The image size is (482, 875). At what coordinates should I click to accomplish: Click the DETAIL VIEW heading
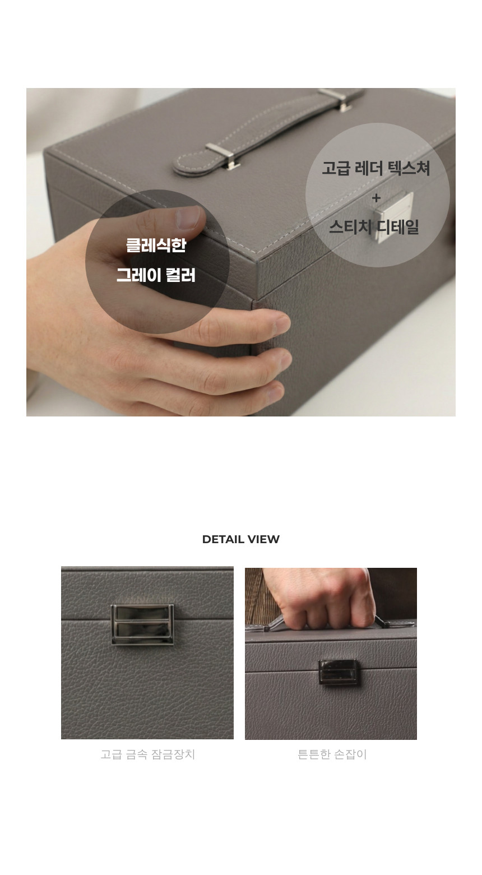[x=240, y=539]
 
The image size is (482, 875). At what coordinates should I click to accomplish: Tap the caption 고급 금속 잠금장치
[x=147, y=754]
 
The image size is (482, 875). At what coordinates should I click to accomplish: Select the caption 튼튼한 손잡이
[x=332, y=754]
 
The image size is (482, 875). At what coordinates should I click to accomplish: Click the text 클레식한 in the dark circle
[x=156, y=246]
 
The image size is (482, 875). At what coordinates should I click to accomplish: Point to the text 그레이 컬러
[x=156, y=275]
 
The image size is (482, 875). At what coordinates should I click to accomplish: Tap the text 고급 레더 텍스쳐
[x=376, y=168]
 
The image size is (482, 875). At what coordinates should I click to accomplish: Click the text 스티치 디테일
[x=374, y=227]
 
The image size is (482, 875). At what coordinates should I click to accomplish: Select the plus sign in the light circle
[x=376, y=198]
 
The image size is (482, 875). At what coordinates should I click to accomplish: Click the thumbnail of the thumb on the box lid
[x=189, y=217]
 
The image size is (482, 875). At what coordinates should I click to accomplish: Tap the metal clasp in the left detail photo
[x=142, y=624]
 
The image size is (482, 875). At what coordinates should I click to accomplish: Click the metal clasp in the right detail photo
[x=339, y=672]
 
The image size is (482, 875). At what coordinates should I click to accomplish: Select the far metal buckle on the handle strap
[x=334, y=99]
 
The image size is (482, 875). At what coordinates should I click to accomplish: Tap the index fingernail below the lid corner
[x=282, y=323]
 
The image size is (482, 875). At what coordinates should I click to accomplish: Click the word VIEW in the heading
[x=263, y=539]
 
